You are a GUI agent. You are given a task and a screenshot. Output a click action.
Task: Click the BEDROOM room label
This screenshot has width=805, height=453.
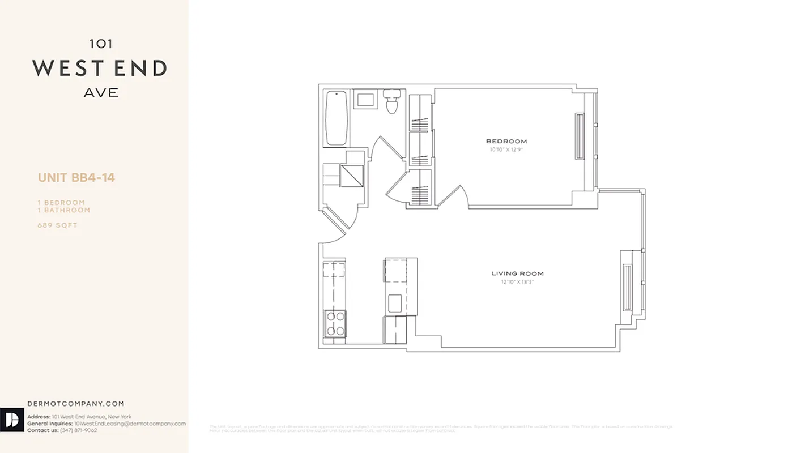pos(506,142)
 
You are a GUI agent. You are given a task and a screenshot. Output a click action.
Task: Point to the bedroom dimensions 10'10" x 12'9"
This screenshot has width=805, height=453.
pos(506,150)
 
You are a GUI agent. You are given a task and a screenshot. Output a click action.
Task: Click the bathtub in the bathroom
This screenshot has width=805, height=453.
pos(336,118)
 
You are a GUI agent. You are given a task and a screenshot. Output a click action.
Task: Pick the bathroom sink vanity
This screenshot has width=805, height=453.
pos(365,100)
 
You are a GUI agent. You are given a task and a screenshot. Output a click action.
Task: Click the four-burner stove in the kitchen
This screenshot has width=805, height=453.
pos(335,324)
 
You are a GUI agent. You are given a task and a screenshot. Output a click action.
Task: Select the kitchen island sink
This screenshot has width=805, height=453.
pos(395,303)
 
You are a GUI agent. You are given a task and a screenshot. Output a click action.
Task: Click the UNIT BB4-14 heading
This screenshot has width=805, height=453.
pos(76,178)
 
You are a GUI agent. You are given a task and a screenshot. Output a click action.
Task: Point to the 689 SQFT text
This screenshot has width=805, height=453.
pos(57,225)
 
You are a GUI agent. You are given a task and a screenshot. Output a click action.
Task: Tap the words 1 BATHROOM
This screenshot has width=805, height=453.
pos(64,210)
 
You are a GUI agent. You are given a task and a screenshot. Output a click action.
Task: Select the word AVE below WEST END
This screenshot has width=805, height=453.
pos(101,93)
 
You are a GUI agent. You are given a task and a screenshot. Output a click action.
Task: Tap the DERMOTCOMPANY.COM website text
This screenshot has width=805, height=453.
pos(75,404)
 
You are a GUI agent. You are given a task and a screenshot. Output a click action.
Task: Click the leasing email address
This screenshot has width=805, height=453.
pos(130,424)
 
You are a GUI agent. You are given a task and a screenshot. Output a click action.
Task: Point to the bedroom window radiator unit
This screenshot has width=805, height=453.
pos(580,137)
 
